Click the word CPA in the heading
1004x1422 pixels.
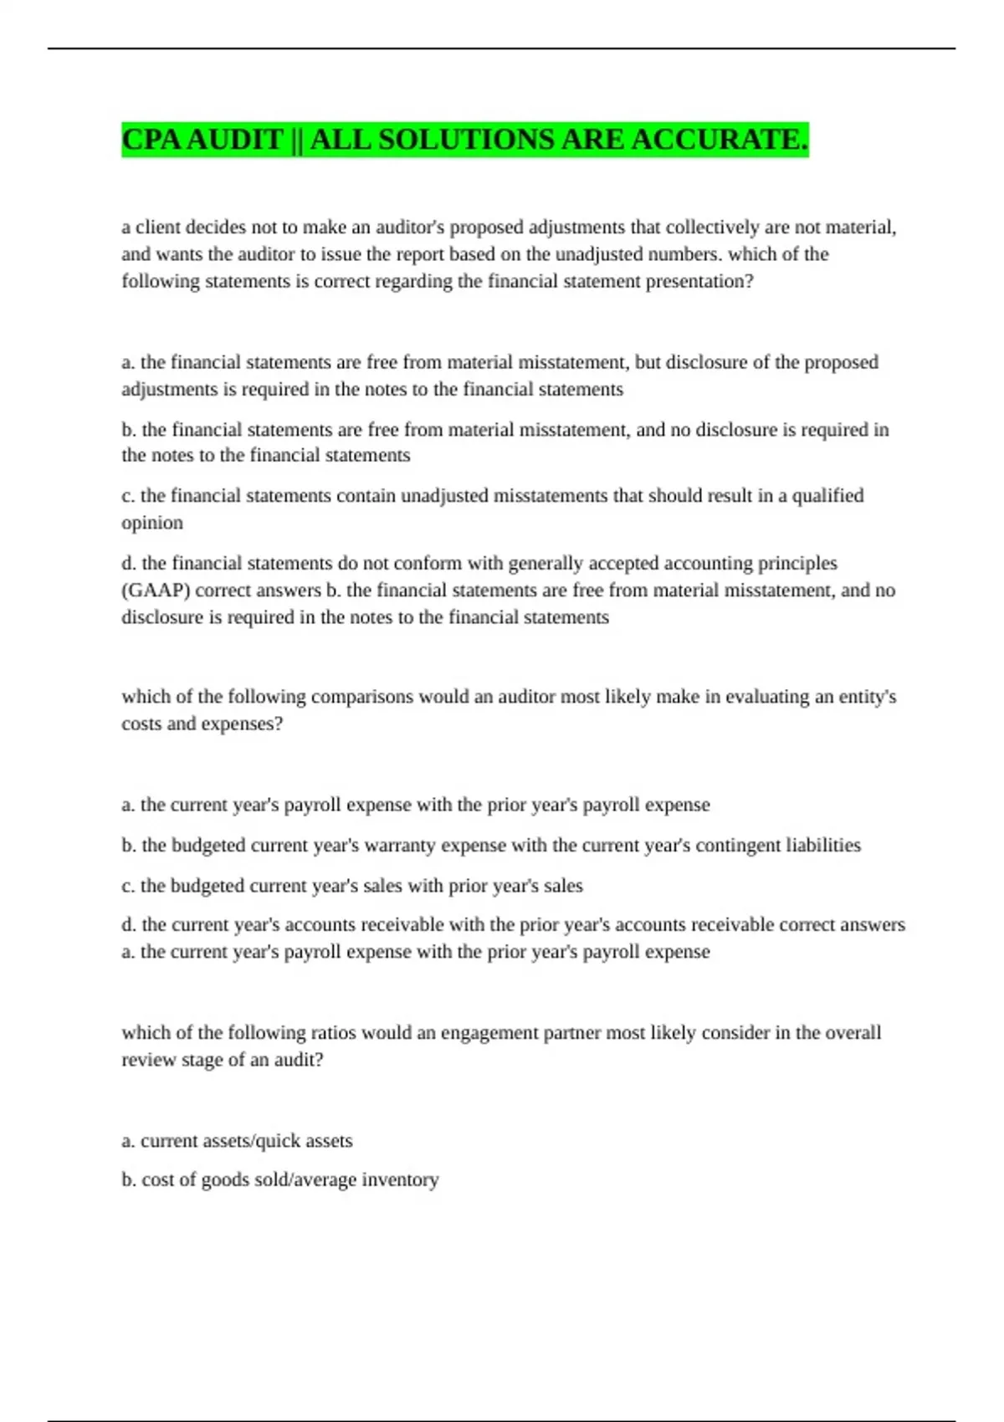tap(152, 140)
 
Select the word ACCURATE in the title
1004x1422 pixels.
tap(720, 140)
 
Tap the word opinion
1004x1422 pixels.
tap(152, 523)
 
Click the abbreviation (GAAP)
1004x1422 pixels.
tap(156, 591)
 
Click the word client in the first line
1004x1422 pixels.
tap(158, 228)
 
